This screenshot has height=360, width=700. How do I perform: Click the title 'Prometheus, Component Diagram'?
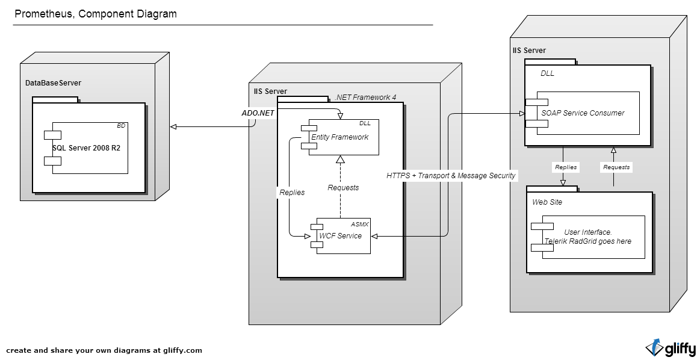[x=96, y=14]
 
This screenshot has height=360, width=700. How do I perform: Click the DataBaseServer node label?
[x=53, y=82]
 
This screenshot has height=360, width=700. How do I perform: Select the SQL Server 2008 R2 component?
[x=86, y=148]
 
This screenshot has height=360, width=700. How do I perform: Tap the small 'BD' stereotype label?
[x=121, y=126]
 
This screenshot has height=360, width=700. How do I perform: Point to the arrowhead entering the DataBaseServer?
[x=173, y=126]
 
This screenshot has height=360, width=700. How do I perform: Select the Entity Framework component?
[x=340, y=137]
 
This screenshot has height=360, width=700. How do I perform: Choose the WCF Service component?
[x=341, y=235]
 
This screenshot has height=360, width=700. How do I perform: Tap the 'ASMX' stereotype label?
[x=359, y=223]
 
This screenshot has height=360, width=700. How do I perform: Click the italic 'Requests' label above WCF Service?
[x=343, y=187]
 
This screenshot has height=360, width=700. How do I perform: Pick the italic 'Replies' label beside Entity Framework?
[x=292, y=193]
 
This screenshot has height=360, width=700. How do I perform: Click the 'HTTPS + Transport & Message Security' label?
[x=451, y=175]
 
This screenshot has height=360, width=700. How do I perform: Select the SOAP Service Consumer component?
[x=583, y=113]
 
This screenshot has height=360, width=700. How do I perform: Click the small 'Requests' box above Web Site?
[x=616, y=167]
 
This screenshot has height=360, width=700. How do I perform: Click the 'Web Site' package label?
[x=547, y=202]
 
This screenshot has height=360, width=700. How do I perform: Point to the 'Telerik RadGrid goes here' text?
[x=587, y=241]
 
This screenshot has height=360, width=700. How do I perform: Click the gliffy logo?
[x=671, y=348]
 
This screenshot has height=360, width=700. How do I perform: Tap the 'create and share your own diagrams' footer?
[x=104, y=350]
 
